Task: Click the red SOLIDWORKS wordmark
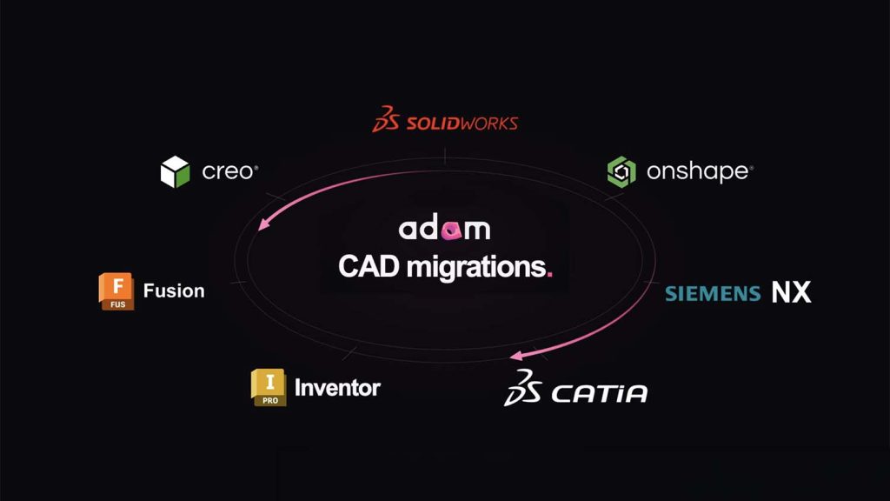[462, 124]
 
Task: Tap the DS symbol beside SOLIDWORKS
[386, 118]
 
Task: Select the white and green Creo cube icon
[175, 171]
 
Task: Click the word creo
[229, 171]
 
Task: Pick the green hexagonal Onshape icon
[621, 171]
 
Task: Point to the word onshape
[699, 171]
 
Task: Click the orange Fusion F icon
[116, 291]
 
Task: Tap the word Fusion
[174, 291]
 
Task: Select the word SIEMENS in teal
[713, 294]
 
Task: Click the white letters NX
[791, 292]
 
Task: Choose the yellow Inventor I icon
[269, 387]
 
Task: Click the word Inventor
[337, 388]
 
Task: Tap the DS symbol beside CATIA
[522, 387]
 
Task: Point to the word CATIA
[600, 394]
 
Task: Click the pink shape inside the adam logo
[452, 230]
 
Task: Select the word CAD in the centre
[369, 266]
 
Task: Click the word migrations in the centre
[476, 268]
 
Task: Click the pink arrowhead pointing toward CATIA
[516, 356]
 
